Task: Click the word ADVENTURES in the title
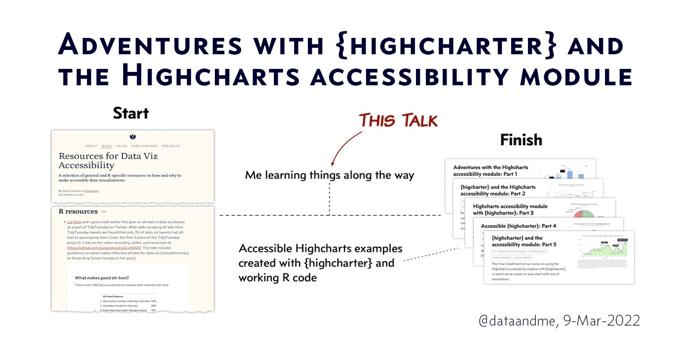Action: (x=150, y=45)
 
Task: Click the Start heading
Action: (x=130, y=113)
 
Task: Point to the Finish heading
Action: (x=521, y=140)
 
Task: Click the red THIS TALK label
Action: (x=398, y=121)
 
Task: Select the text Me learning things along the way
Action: (x=329, y=175)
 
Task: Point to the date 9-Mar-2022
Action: (x=602, y=321)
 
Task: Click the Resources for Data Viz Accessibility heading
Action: (x=108, y=161)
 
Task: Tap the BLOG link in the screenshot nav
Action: (x=106, y=146)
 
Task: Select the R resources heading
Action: (x=78, y=211)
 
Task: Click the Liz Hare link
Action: (x=74, y=222)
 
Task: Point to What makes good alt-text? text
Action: (x=102, y=278)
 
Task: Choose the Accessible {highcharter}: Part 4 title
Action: (x=518, y=226)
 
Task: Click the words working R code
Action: (x=278, y=278)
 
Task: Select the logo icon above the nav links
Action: (x=133, y=137)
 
